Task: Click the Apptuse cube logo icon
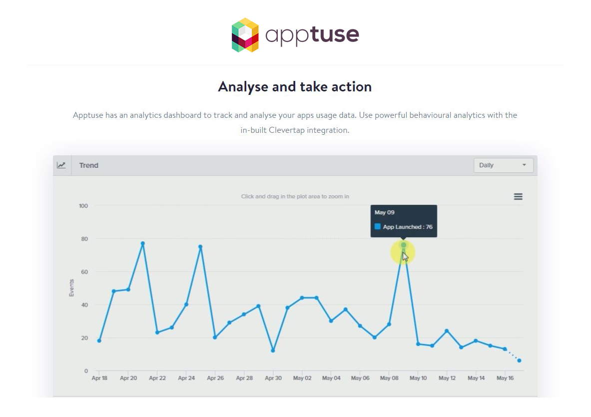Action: pos(245,35)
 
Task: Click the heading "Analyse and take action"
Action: pos(295,86)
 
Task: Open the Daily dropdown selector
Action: pos(503,165)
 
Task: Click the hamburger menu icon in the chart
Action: pos(518,197)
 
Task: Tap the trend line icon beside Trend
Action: pos(61,165)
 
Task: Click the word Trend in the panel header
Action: pos(88,165)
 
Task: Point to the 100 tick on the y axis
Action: pos(83,206)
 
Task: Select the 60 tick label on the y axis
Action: pos(84,272)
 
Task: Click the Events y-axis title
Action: pos(71,288)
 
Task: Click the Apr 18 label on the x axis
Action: pos(99,378)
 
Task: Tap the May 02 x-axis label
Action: pos(302,378)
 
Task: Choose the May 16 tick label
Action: pos(505,378)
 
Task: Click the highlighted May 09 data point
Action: pos(403,245)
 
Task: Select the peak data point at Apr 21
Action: pos(143,243)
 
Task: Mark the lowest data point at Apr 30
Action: pos(273,351)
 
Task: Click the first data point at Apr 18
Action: pos(99,341)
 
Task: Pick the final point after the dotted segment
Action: pos(520,361)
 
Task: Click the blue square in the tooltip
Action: pos(377,226)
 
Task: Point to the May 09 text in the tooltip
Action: pos(385,212)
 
